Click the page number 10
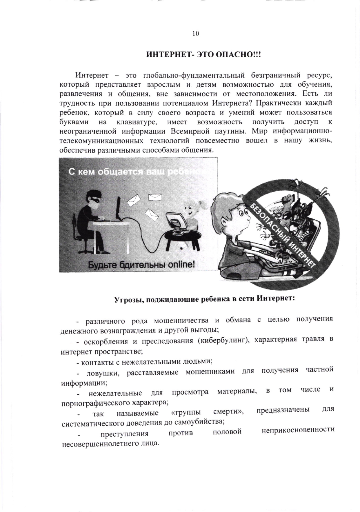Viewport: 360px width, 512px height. pyautogui.click(x=196, y=34)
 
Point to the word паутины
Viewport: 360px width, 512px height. pyautogui.click(x=231, y=131)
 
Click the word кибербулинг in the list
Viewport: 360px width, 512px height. pyautogui.click(x=223, y=340)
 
